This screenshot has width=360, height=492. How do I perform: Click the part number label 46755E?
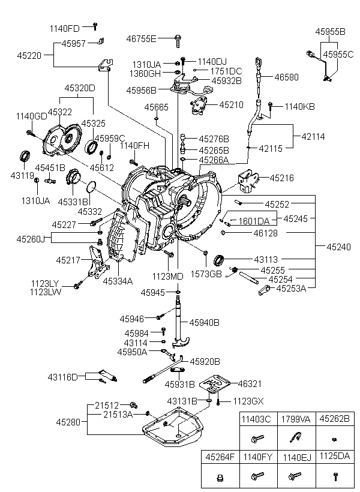pos(142,39)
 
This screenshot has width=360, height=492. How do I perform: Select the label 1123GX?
pos(247,401)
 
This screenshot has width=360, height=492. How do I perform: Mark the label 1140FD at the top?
pos(64,28)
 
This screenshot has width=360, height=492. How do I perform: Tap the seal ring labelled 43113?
pos(221,260)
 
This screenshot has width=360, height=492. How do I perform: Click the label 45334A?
pos(118,280)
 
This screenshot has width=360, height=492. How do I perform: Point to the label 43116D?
pos(63,377)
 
